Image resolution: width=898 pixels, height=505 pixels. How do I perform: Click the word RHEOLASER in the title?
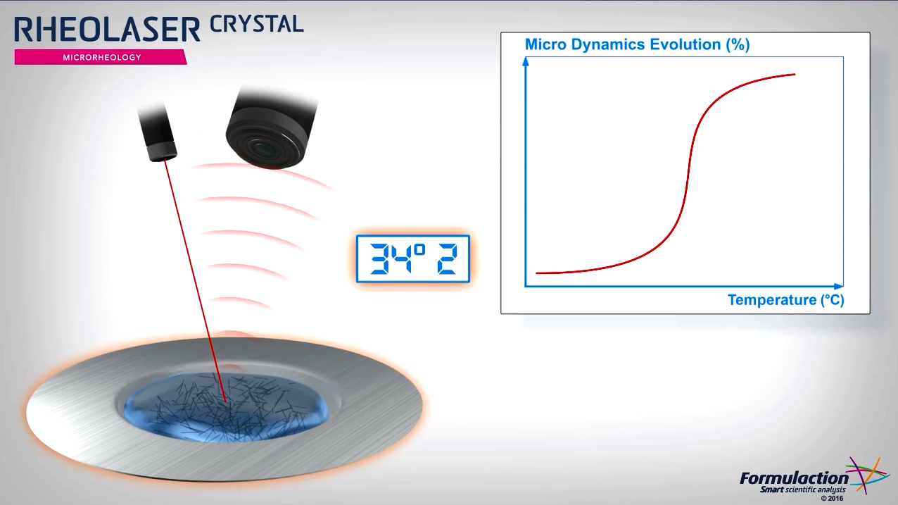[107, 30]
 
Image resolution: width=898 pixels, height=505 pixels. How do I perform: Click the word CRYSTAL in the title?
[257, 24]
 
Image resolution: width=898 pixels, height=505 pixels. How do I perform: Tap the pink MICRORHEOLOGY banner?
[101, 57]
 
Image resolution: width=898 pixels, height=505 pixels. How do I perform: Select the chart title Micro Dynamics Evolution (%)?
[637, 44]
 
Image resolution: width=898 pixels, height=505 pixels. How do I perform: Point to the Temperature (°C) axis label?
[785, 300]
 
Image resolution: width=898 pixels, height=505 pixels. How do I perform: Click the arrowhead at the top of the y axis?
[526, 61]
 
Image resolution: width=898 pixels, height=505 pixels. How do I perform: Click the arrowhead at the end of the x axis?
[839, 287]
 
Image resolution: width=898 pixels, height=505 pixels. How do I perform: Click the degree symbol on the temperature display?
[419, 250]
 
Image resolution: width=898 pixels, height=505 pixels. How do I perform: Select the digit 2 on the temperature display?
[447, 259]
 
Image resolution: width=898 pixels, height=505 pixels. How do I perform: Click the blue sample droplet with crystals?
[226, 407]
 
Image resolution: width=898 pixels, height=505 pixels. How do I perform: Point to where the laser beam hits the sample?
[225, 401]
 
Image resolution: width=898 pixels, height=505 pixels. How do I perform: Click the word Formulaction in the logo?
[794, 478]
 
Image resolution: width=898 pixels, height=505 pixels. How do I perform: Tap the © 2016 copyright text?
[832, 499]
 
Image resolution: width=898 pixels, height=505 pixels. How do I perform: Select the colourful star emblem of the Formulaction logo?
[867, 475]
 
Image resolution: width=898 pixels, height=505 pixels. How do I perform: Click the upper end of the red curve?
[795, 74]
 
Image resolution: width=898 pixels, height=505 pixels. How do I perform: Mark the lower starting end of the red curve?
[537, 273]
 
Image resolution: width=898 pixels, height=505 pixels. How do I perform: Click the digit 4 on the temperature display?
[401, 259]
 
